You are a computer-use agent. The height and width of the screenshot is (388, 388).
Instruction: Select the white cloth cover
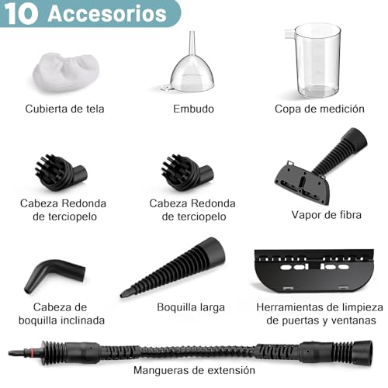(x=64, y=70)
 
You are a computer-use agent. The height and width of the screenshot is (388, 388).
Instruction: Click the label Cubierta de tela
(x=64, y=109)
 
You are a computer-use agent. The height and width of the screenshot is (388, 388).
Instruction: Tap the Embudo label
(x=193, y=109)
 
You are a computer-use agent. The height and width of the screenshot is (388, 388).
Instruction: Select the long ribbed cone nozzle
(x=175, y=268)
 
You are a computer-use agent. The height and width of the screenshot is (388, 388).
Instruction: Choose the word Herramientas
(x=289, y=307)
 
